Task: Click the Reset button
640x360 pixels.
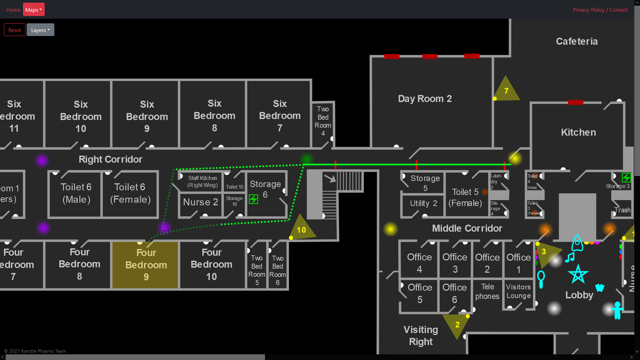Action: click(x=15, y=30)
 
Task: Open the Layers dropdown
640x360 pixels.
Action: click(x=40, y=30)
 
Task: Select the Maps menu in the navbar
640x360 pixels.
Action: click(x=34, y=10)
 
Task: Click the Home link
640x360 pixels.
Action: click(x=13, y=10)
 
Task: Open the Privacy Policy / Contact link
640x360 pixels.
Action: click(x=600, y=10)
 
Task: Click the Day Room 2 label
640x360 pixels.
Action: click(x=425, y=99)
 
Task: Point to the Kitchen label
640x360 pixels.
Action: click(x=578, y=132)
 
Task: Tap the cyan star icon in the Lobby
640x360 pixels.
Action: click(x=578, y=274)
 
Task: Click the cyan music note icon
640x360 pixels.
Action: click(x=570, y=257)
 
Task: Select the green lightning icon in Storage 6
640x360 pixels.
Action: click(x=253, y=199)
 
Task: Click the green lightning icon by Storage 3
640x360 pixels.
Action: click(x=626, y=177)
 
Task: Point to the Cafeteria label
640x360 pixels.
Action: click(x=577, y=41)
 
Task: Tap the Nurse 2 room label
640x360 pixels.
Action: click(x=201, y=202)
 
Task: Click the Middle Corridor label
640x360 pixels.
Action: click(x=467, y=228)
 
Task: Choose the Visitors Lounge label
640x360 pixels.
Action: click(x=518, y=291)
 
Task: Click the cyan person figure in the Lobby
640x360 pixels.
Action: click(x=617, y=310)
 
